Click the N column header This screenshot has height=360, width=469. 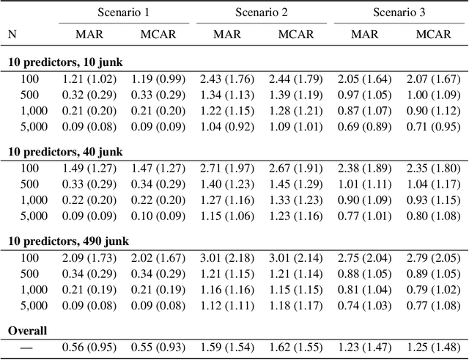[12, 34]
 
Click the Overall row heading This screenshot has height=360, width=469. [27, 331]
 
